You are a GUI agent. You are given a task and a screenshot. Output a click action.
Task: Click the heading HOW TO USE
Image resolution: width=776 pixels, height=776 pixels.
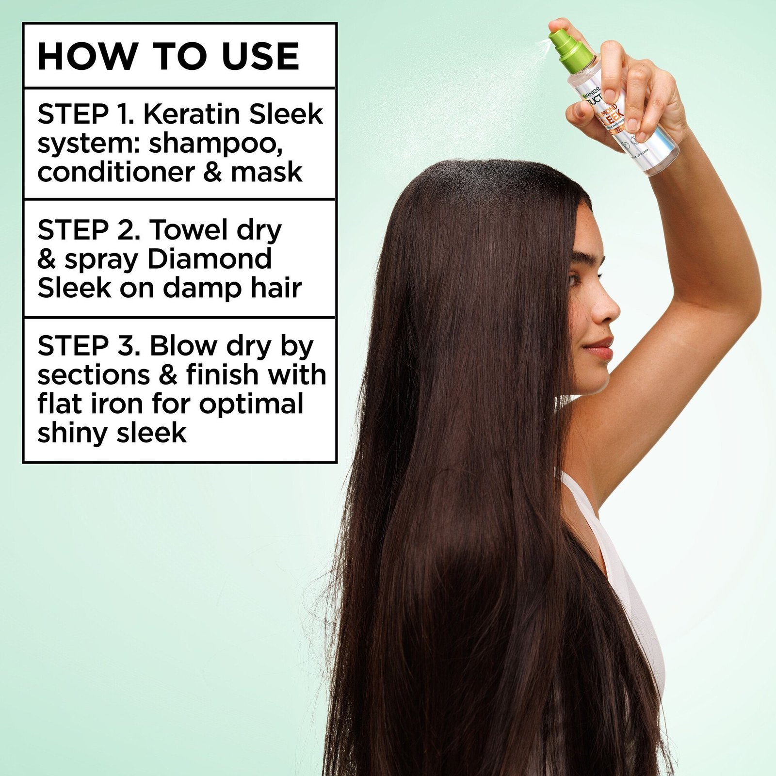(x=168, y=57)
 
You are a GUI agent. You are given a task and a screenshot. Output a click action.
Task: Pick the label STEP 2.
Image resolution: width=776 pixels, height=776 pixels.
(x=89, y=230)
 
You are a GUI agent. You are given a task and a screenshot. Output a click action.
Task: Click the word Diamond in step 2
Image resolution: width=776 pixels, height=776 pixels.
(x=209, y=259)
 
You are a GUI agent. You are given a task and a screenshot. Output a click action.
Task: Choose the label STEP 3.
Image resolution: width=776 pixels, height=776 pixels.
(x=89, y=346)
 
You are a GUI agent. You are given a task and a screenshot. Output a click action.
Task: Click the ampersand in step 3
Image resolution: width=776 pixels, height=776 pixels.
(x=168, y=375)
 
